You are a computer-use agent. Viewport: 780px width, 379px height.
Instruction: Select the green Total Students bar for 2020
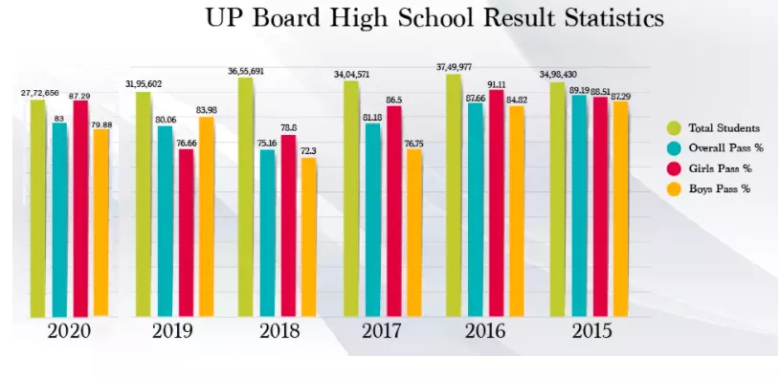point(38,207)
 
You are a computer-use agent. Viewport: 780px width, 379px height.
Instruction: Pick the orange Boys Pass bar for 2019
point(206,216)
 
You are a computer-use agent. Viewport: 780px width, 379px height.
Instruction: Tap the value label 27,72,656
point(40,93)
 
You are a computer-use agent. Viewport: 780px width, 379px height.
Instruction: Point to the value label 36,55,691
point(246,71)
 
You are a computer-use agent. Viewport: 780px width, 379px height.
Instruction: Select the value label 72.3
point(308,151)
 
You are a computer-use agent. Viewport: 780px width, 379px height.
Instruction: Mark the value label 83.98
point(206,109)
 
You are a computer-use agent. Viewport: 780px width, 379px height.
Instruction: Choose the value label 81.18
point(373,116)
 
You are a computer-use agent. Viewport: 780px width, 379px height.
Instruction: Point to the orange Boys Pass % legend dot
point(674,189)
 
